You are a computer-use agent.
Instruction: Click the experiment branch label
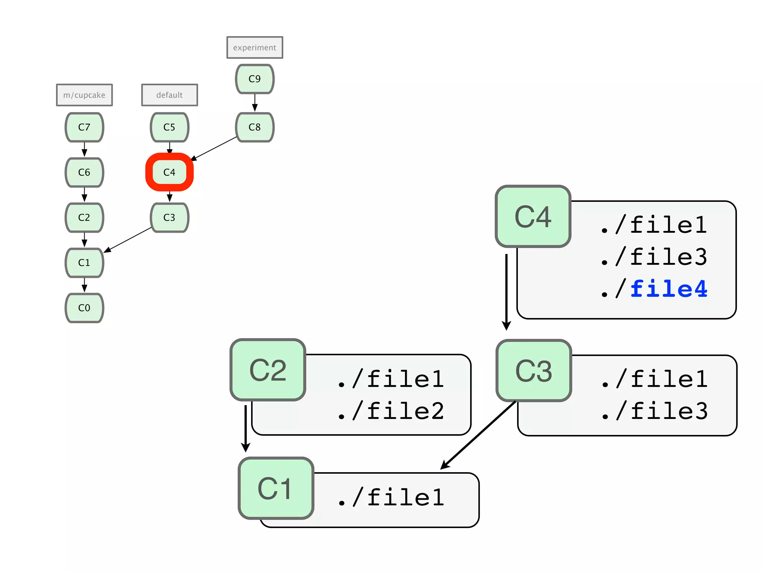point(254,48)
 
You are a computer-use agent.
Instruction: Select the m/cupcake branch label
point(84,95)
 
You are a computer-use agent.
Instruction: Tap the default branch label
point(170,95)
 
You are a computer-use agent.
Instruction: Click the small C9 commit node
point(254,79)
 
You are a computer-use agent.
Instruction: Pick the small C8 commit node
point(254,127)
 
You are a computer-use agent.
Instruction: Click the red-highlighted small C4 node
point(170,172)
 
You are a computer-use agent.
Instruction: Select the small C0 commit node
point(84,308)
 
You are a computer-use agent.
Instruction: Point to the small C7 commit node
point(84,127)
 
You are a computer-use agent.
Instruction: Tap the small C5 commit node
point(170,127)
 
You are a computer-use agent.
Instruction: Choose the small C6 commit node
point(84,172)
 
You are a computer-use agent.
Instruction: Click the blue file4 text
point(669,289)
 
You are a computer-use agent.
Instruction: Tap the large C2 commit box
point(267,370)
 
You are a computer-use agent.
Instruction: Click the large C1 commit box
point(276,488)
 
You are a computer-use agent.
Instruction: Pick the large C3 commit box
point(534,371)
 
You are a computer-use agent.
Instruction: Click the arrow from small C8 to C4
point(214,149)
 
